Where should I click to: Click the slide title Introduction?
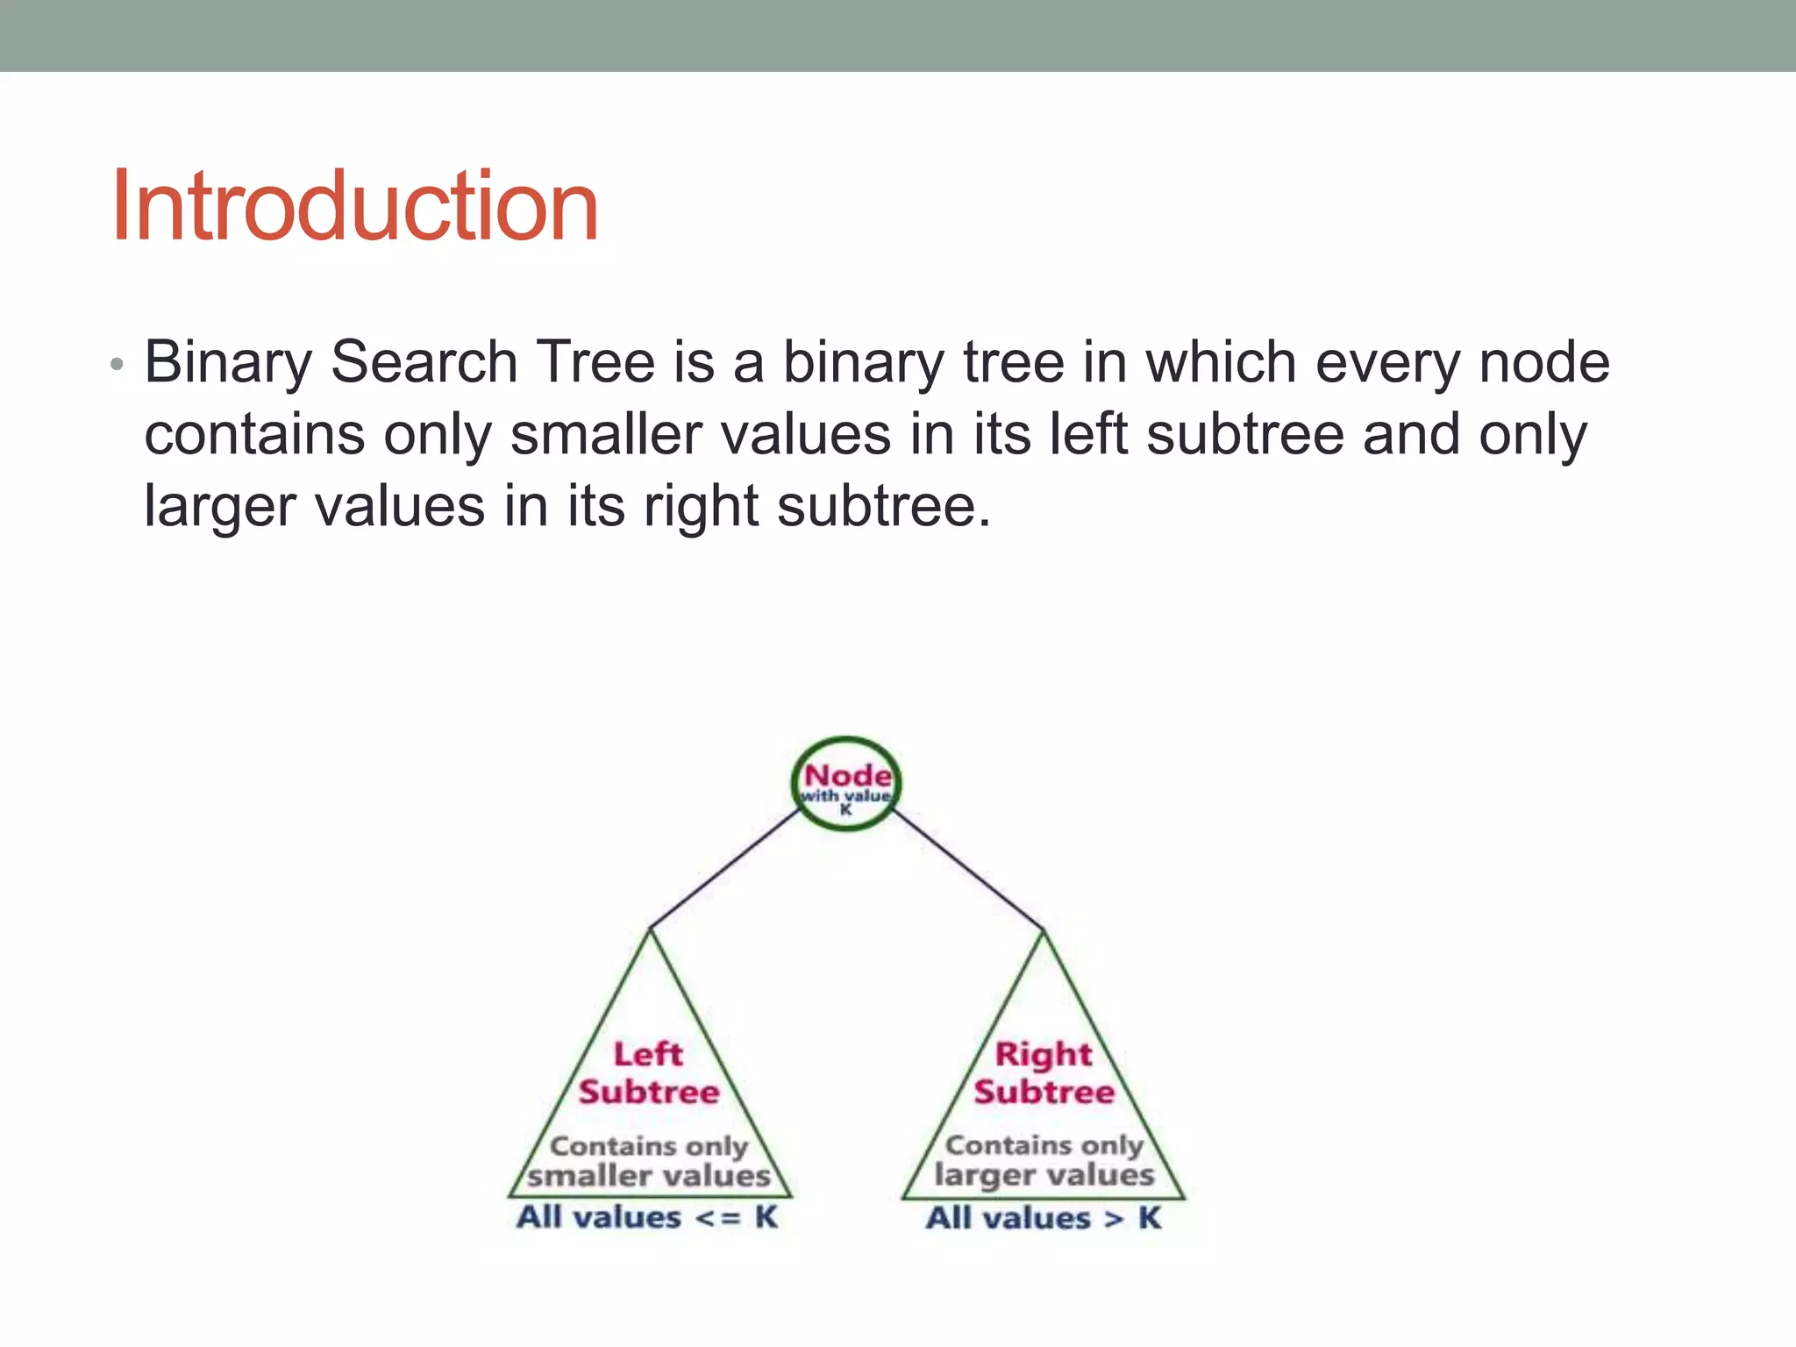point(354,206)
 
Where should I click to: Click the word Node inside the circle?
point(847,775)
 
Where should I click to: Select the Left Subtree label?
point(649,1073)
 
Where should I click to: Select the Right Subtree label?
point(1044,1073)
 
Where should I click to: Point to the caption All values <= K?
point(647,1217)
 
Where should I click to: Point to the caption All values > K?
point(1044,1217)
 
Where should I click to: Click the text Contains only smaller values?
point(649,1160)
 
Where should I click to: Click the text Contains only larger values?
point(1044,1159)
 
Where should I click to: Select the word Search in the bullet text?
point(424,363)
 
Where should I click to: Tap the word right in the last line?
point(700,507)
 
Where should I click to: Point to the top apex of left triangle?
point(650,931)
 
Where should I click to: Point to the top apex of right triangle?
point(1044,932)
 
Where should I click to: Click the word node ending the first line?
point(1544,363)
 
